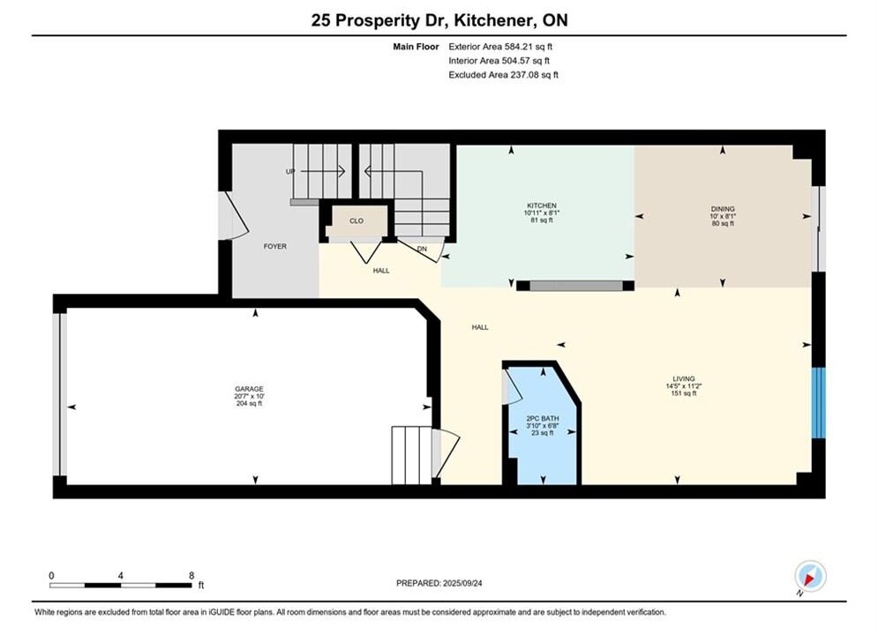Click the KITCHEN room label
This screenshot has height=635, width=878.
542,205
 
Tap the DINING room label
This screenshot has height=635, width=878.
723,209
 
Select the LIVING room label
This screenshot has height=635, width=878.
684,378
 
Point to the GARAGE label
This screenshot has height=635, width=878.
249,389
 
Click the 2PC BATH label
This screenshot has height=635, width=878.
542,419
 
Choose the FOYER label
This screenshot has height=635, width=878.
275,246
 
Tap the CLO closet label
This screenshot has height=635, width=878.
356,221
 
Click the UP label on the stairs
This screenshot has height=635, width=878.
290,171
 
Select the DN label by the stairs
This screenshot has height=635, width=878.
422,249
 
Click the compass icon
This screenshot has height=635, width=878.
810,576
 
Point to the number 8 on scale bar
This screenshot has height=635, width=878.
191,575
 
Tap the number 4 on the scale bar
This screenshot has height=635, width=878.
120,575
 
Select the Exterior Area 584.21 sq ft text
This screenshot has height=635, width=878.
500,47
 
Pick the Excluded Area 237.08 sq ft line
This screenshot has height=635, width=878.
503,74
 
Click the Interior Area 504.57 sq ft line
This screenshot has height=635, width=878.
499,61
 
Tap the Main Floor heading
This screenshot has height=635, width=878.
416,47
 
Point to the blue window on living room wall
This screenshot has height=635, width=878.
819,403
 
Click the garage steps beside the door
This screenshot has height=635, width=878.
411,455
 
